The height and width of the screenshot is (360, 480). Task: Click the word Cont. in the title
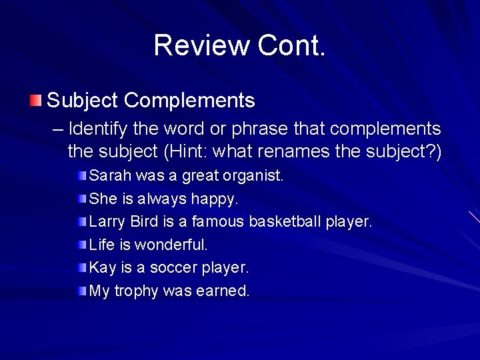pyautogui.click(x=291, y=45)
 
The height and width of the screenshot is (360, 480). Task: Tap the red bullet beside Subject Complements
pyautogui.click(x=35, y=101)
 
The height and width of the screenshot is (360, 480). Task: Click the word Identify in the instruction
pyautogui.click(x=100, y=128)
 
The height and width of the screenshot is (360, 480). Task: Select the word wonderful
pyautogui.click(x=171, y=245)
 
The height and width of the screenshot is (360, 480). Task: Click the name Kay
pyautogui.click(x=103, y=267)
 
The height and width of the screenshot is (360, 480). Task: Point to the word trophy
pyautogui.click(x=136, y=291)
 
